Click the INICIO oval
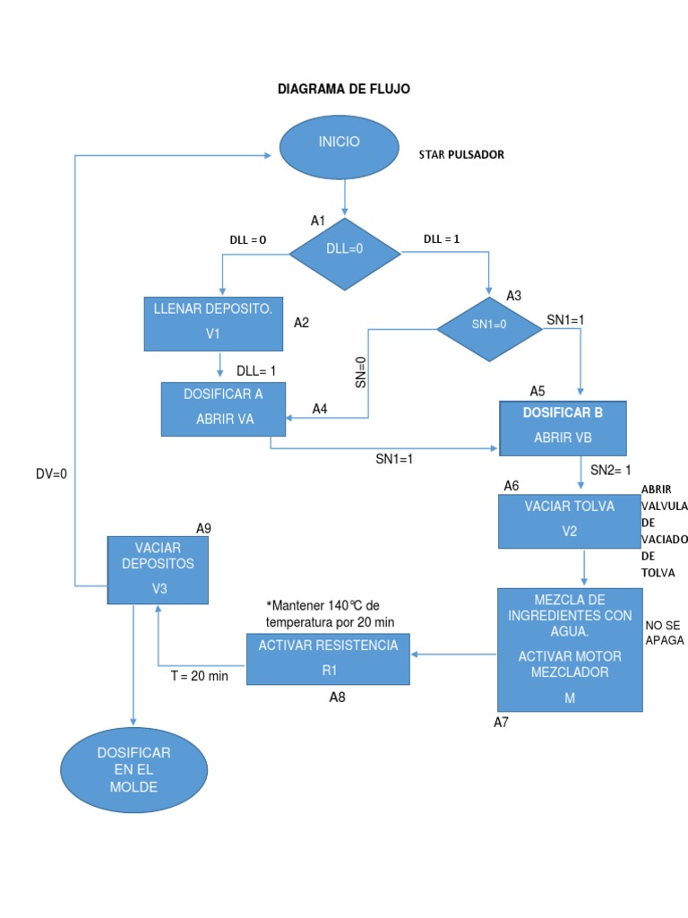tap(339, 149)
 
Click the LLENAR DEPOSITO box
tap(213, 324)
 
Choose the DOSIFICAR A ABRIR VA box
tap(224, 409)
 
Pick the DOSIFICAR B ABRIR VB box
tap(563, 428)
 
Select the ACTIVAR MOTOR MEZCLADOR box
tap(570, 649)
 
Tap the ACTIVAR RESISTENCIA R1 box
tap(328, 658)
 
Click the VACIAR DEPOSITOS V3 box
tap(159, 569)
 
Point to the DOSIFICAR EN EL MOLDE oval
tap(133, 769)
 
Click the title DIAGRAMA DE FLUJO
tap(344, 90)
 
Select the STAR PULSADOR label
tap(461, 154)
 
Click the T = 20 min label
tap(200, 676)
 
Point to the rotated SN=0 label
tap(360, 372)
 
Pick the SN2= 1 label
tap(611, 470)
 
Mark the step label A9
tap(203, 528)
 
